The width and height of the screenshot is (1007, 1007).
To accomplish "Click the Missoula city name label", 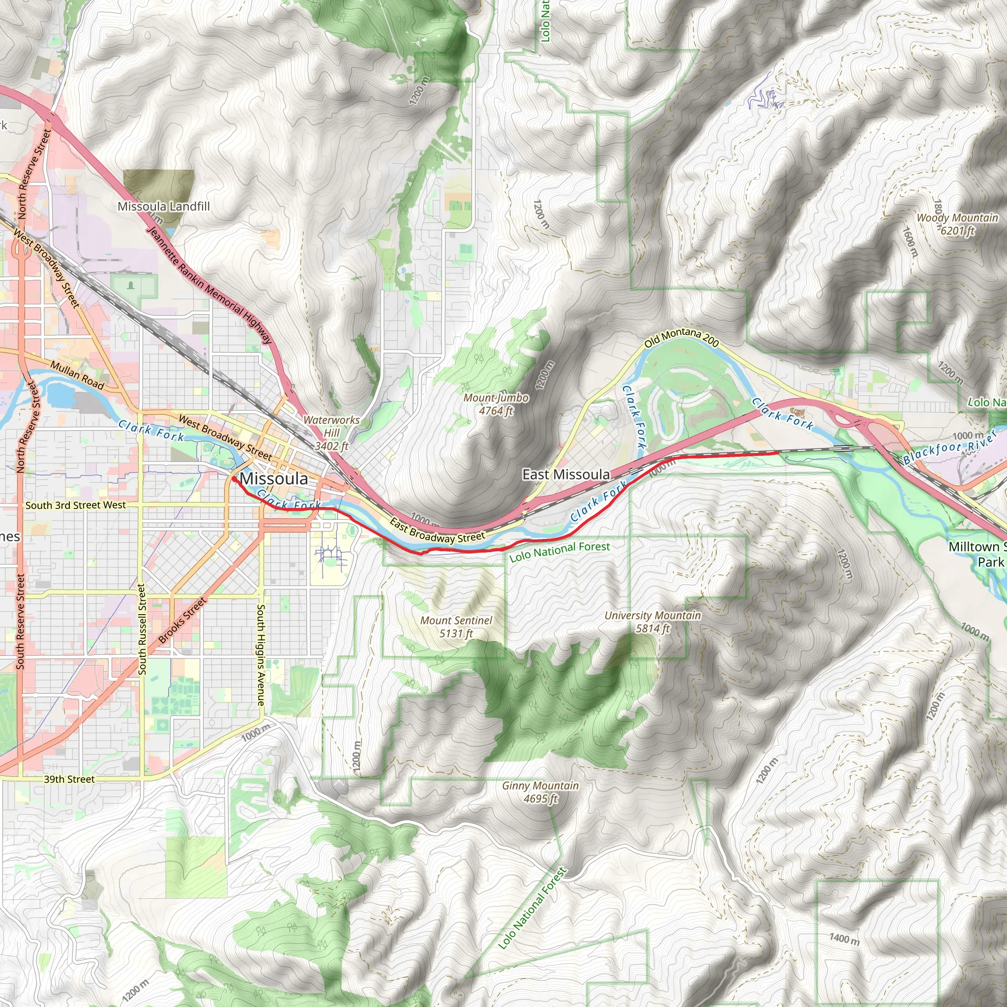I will [274, 478].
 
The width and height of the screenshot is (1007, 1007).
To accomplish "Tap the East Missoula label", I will [566, 474].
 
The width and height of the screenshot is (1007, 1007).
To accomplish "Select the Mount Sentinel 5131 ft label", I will [456, 626].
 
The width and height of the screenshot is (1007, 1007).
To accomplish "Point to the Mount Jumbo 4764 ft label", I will [496, 404].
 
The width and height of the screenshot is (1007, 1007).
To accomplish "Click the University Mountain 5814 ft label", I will [652, 622].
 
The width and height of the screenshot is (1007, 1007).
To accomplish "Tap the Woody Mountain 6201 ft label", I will [957, 224].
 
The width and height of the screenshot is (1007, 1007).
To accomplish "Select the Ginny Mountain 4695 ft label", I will [540, 792].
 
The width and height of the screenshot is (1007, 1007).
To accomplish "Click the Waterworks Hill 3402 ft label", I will [331, 433].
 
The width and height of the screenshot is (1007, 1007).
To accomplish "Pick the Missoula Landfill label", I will [164, 207].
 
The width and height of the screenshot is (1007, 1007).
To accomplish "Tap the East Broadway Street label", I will [437, 530].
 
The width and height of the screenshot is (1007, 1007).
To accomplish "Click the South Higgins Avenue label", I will [261, 655].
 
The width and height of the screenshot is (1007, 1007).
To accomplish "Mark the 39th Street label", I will [69, 779].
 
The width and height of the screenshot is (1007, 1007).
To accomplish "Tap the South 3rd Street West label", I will [76, 505].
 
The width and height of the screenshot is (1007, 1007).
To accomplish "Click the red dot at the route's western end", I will [235, 478].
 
